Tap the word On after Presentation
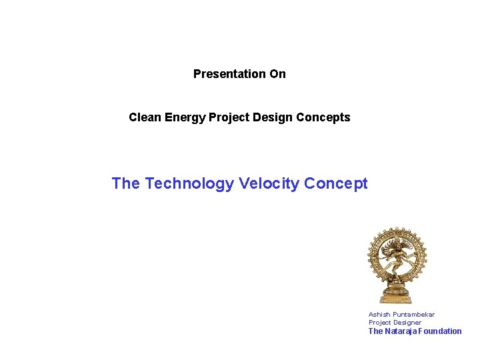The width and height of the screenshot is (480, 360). point(277,74)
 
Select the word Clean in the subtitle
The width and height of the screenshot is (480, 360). point(145,117)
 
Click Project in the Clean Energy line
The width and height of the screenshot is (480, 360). point(227,117)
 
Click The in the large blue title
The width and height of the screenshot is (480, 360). point(126,183)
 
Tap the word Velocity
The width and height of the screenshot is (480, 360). point(267,183)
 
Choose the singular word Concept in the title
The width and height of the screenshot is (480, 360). point(335,183)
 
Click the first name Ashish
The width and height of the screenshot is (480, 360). point(379,315)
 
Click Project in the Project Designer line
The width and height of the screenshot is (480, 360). point(380,323)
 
